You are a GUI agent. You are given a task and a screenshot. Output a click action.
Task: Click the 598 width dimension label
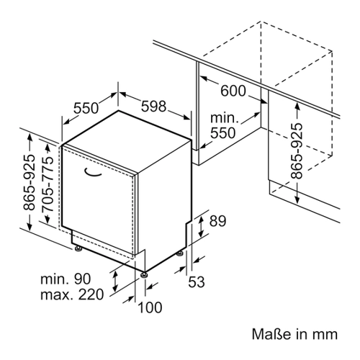click(x=153, y=106)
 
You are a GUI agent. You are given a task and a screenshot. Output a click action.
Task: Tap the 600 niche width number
click(x=233, y=91)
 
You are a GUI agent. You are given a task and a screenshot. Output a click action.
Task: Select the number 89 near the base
click(x=217, y=221)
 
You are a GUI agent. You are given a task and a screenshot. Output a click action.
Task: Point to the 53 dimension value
click(x=197, y=282)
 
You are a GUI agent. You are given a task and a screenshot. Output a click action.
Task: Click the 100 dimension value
click(x=150, y=307)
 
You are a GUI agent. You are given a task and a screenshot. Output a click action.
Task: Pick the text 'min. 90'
click(x=66, y=279)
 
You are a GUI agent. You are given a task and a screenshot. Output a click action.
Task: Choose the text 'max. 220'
click(x=72, y=294)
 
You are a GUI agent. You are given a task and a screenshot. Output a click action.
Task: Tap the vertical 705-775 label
click(x=47, y=184)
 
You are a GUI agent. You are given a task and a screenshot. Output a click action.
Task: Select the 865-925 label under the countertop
click(x=297, y=151)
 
